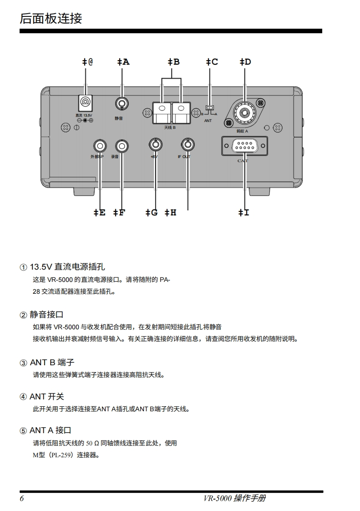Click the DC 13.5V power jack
point(85,102)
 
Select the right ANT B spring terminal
point(181,112)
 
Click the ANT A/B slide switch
point(209,108)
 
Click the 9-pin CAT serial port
point(244,146)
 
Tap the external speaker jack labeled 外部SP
point(100,146)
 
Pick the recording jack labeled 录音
point(122,146)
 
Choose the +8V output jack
point(155,144)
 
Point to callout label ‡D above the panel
point(245,61)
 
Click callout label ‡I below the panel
point(244,212)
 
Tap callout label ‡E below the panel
point(99,212)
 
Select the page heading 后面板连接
point(51,19)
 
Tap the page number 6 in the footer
point(22,498)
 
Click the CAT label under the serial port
point(243,161)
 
